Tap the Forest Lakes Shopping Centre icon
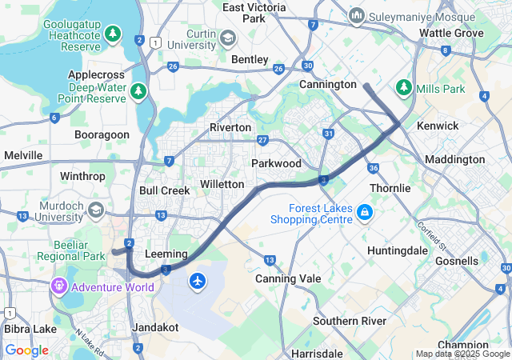pyautogui.click(x=365, y=212)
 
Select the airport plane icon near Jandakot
pyautogui.click(x=198, y=281)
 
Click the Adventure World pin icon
pyautogui.click(x=60, y=286)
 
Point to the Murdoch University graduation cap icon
pyautogui.click(x=96, y=210)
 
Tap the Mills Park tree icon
pyautogui.click(x=405, y=86)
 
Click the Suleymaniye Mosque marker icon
pyautogui.click(x=357, y=15)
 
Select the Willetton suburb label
pyautogui.click(x=222, y=184)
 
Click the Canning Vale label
pyautogui.click(x=288, y=278)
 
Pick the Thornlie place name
pyautogui.click(x=390, y=188)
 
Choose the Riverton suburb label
pyautogui.click(x=230, y=127)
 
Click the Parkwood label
pyautogui.click(x=276, y=163)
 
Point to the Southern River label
pyautogui.click(x=350, y=321)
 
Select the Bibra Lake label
pyautogui.click(x=28, y=330)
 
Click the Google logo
pyautogui.click(x=26, y=350)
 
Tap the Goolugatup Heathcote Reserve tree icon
pyautogui.click(x=114, y=34)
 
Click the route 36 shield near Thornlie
pyautogui.click(x=374, y=168)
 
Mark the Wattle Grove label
pyautogui.click(x=452, y=33)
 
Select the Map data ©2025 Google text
pyautogui.click(x=462, y=354)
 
